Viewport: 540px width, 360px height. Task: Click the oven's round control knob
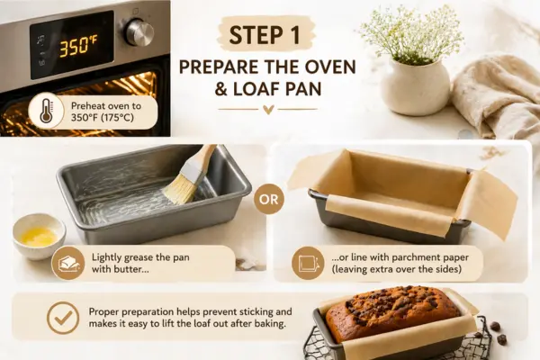tap(139, 32)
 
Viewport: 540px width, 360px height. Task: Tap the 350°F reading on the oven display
tap(77, 46)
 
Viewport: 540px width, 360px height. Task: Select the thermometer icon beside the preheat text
tap(46, 111)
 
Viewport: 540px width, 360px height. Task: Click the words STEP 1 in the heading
tap(265, 35)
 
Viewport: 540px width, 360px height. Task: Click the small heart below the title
tap(268, 110)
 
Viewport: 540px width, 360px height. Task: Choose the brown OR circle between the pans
tap(268, 199)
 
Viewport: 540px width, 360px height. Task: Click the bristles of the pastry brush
tap(179, 189)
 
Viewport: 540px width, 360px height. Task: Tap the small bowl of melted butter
tap(39, 235)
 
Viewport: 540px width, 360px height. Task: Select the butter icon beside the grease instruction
tap(67, 263)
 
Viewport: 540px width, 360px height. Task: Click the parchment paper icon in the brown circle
tap(308, 263)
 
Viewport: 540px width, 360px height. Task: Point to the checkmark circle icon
tap(63, 318)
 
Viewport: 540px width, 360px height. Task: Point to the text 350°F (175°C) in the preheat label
tap(103, 118)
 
